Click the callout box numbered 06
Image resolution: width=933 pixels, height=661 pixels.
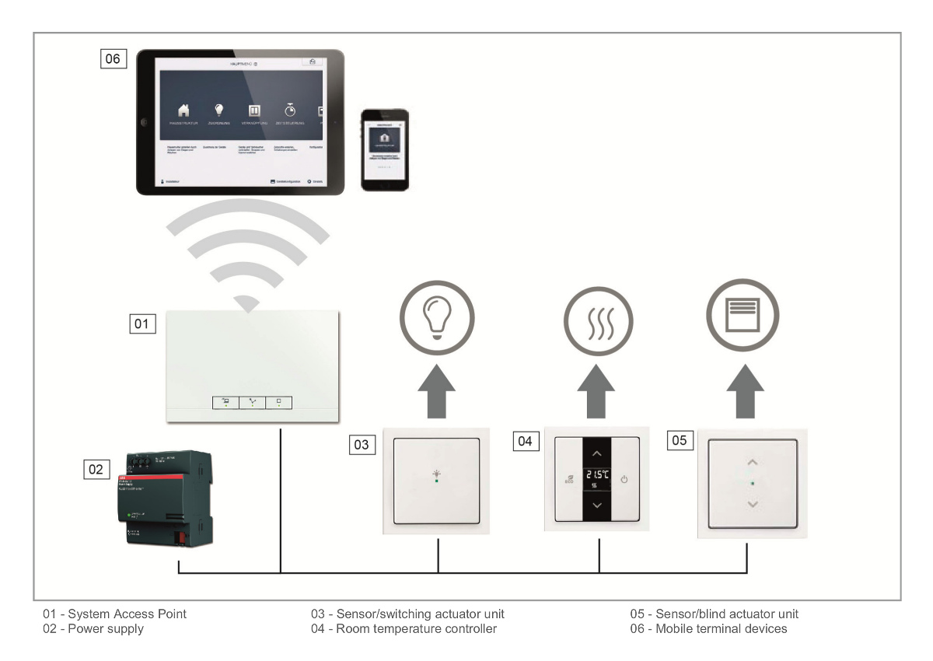coord(113,58)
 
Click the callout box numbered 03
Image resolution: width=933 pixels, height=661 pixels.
coord(362,444)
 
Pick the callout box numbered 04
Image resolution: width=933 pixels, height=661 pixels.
coord(526,441)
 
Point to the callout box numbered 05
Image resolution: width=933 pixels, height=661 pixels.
coord(680,440)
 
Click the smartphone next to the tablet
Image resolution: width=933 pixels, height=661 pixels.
coord(385,149)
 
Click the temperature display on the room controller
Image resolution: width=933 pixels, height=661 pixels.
coord(597,475)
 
